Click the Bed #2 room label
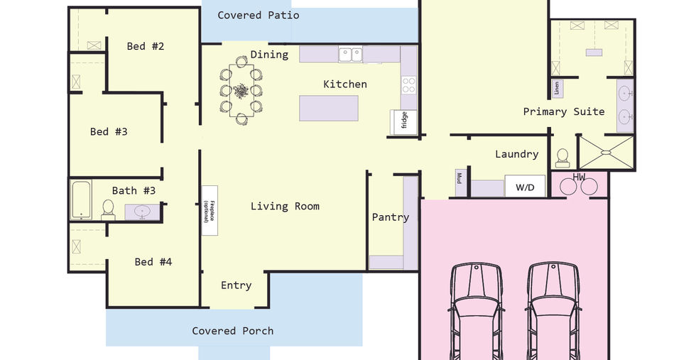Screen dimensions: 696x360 coord(145,46)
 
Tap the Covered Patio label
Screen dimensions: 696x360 coord(258,15)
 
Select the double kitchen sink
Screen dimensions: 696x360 coord(351,55)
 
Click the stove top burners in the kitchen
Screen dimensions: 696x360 coord(409,84)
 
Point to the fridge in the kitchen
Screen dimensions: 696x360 coord(404,122)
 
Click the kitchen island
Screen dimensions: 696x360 coord(328,108)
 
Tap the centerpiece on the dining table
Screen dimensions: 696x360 coord(241,91)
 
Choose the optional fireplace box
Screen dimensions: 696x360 coord(210,210)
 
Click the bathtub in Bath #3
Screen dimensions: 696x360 coord(81,200)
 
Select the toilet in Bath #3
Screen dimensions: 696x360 coord(108,210)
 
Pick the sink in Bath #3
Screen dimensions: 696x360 coord(142,212)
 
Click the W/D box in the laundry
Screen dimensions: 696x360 coord(525,187)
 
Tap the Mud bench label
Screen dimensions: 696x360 coord(460,178)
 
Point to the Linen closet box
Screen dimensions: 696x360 coord(557,88)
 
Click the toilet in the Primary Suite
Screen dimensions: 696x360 coord(562,158)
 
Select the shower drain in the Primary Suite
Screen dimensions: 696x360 coord(605,153)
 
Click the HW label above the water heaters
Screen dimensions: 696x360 coord(579,177)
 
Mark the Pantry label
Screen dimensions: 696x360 coord(390,217)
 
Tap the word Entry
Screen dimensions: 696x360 coord(236,285)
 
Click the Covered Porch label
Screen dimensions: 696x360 coord(233,331)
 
